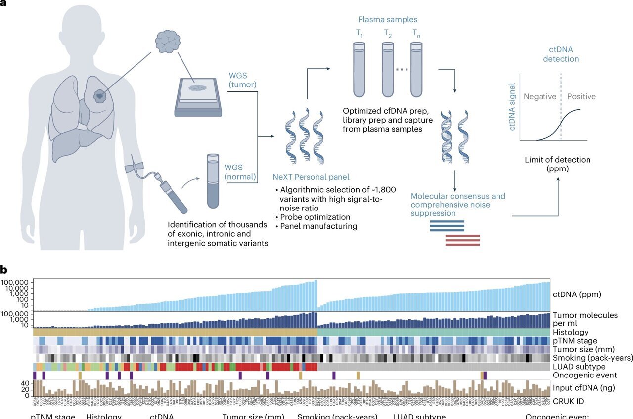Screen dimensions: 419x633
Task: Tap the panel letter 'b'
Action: [x=4, y=270]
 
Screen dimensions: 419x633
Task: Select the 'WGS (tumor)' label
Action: [x=242, y=80]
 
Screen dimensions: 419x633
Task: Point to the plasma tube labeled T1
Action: [x=359, y=70]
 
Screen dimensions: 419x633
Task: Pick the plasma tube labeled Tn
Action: [x=417, y=70]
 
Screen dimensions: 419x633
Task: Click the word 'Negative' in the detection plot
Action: [x=540, y=96]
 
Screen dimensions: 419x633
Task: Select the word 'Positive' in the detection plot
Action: [x=581, y=96]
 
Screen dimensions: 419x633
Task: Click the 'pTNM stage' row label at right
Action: [x=575, y=341]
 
